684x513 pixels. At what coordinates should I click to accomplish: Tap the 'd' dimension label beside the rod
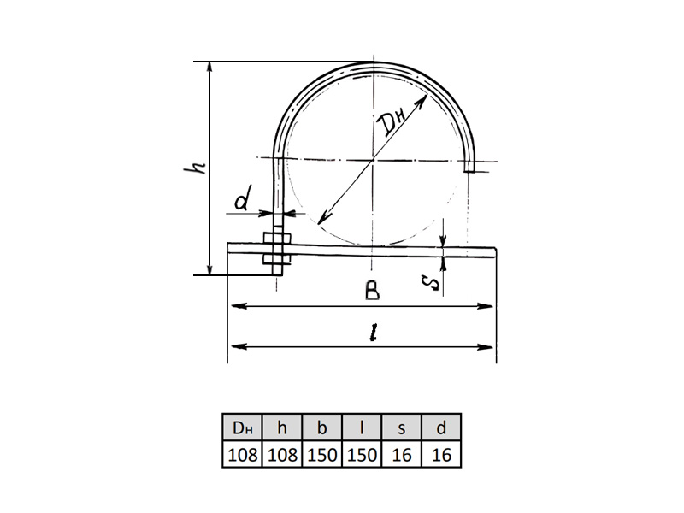(x=244, y=198)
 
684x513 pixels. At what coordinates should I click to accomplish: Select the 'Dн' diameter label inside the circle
(x=392, y=122)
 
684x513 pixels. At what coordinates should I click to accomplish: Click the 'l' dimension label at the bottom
(x=372, y=333)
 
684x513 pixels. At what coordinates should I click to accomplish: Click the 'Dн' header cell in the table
(x=243, y=427)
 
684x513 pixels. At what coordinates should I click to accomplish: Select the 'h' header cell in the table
(x=282, y=427)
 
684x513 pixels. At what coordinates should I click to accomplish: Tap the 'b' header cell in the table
(x=322, y=427)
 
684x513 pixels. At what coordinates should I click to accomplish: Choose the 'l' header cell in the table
(x=362, y=427)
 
